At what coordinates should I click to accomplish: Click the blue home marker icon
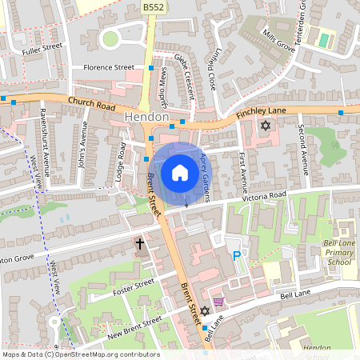pos(179,173)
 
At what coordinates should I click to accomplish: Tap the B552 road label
pos(154,7)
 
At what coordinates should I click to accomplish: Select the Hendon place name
pos(147,118)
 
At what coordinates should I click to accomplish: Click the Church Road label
pos(92,103)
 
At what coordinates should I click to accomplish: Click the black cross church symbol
pos(140,243)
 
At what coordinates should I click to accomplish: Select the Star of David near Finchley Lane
pos(266,126)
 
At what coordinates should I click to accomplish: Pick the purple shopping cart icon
pos(218,302)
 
